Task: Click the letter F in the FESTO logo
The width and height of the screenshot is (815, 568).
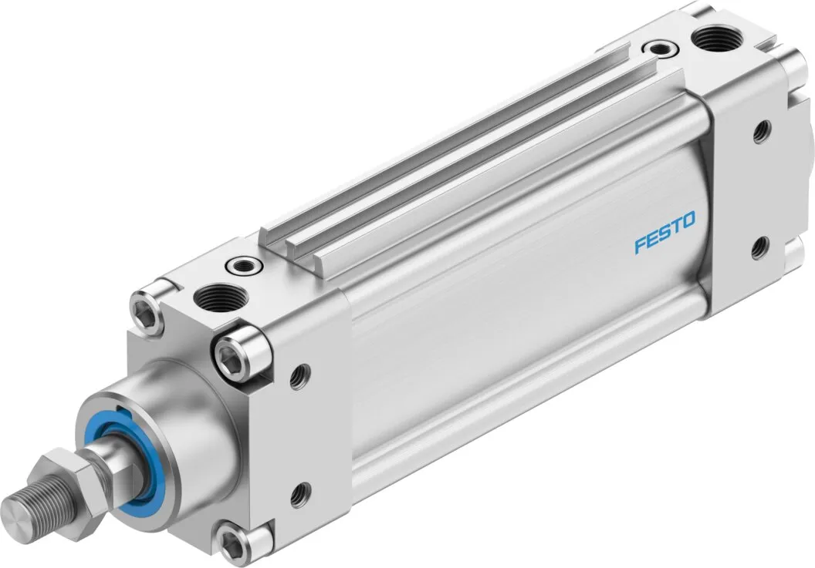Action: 641,246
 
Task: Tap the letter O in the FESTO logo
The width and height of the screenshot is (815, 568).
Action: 688,222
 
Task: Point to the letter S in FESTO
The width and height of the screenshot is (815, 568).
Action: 665,234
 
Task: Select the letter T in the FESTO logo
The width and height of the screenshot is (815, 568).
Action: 676,227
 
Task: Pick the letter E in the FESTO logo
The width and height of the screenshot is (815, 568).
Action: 652,240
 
